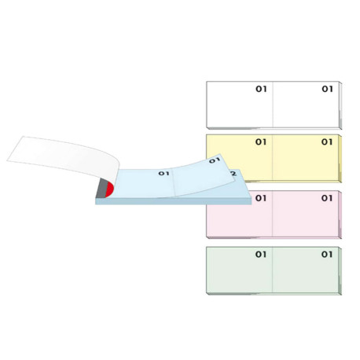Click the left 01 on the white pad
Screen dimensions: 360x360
tap(261, 89)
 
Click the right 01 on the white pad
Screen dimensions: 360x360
tap(327, 89)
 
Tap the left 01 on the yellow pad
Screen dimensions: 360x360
tap(261, 142)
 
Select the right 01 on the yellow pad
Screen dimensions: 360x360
tap(327, 142)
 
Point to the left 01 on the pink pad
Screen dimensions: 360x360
tap(261, 198)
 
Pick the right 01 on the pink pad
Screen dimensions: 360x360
tap(327, 198)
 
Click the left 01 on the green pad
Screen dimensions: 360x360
tap(261, 255)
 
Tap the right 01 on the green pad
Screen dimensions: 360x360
tap(327, 255)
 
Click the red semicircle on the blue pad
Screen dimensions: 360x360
tap(109, 190)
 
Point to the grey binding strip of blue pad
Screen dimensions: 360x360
tap(101, 188)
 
